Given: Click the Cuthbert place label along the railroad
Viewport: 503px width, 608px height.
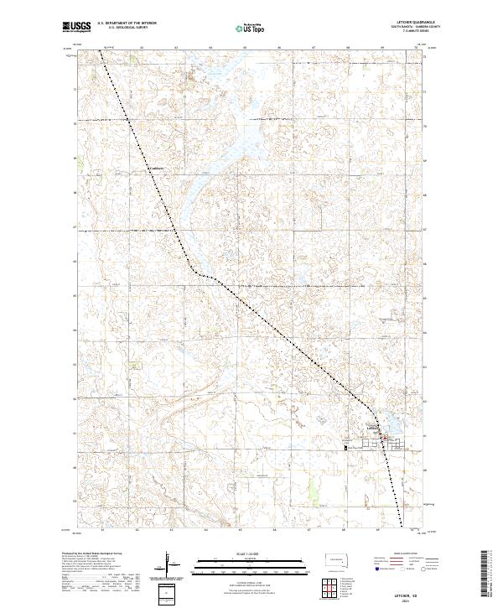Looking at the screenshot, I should (x=156, y=169).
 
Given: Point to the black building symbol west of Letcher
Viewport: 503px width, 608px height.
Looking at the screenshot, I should (x=345, y=447).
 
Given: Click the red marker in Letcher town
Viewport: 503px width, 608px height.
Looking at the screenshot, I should (x=384, y=437).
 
